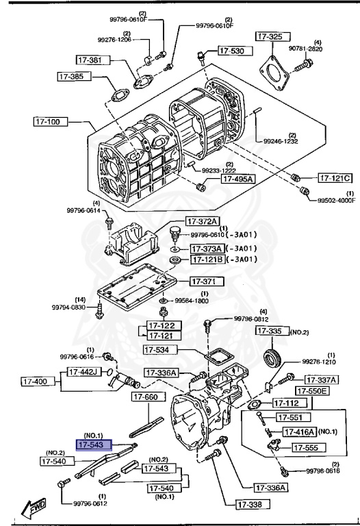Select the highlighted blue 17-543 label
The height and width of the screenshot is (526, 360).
click(96, 445)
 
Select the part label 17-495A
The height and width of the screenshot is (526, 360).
click(237, 179)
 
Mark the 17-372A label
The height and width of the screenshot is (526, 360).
click(203, 221)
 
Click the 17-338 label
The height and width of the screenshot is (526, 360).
click(253, 505)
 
